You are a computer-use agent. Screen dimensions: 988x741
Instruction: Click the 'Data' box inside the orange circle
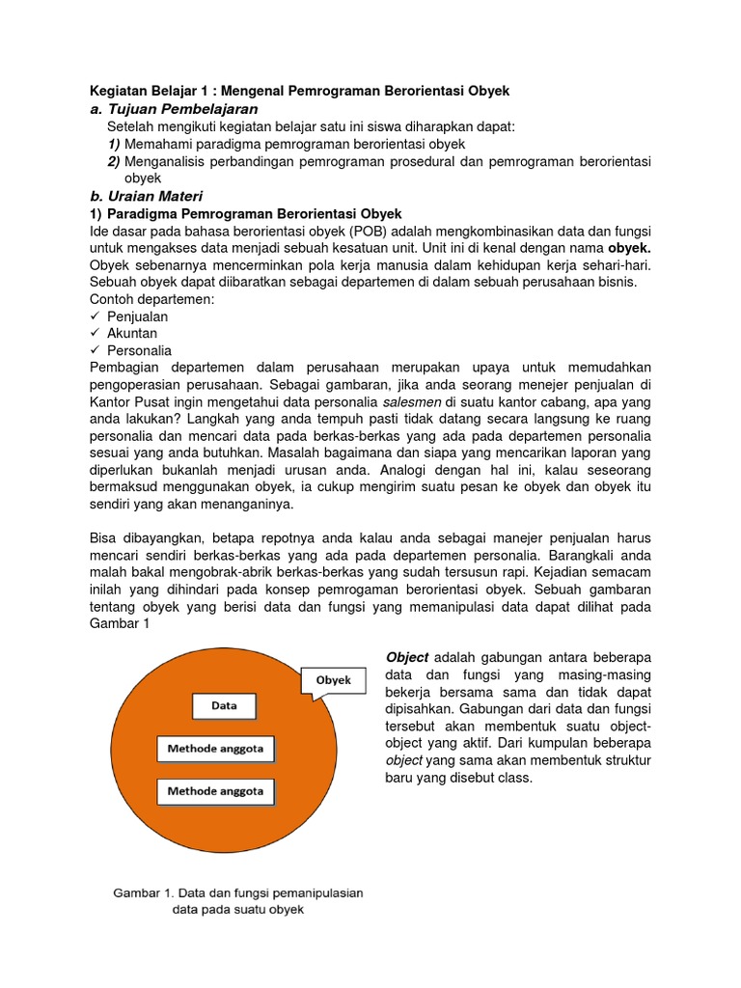pos(224,705)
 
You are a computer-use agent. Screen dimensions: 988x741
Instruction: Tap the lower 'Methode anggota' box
pos(215,791)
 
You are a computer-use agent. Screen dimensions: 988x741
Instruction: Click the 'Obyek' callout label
pos(334,680)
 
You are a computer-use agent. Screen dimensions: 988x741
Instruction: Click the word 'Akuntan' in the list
pos(132,333)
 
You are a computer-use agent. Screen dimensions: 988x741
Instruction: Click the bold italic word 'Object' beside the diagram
pos(406,657)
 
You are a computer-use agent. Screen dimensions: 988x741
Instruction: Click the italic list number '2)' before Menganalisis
pos(114,161)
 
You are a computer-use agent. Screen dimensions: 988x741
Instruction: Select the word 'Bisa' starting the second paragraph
pos(104,537)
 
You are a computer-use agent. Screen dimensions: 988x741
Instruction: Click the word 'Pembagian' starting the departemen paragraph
pos(123,368)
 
